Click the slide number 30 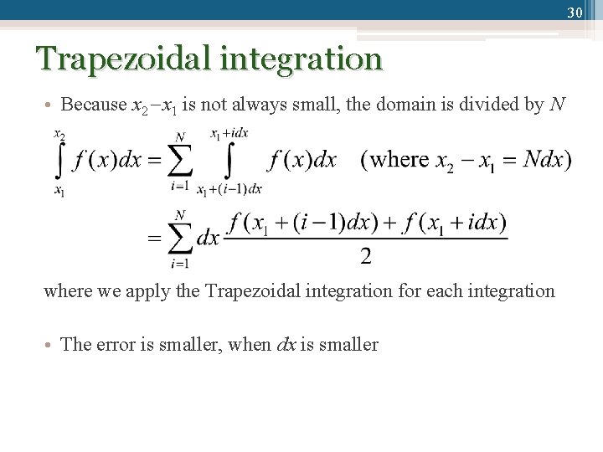(x=575, y=13)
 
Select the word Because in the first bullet (x=95, y=105)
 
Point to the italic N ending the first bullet (x=557, y=105)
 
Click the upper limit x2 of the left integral (x=60, y=134)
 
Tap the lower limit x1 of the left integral (x=60, y=190)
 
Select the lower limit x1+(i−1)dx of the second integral (x=229, y=190)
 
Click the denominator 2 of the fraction (x=365, y=257)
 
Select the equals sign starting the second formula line (x=154, y=239)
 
